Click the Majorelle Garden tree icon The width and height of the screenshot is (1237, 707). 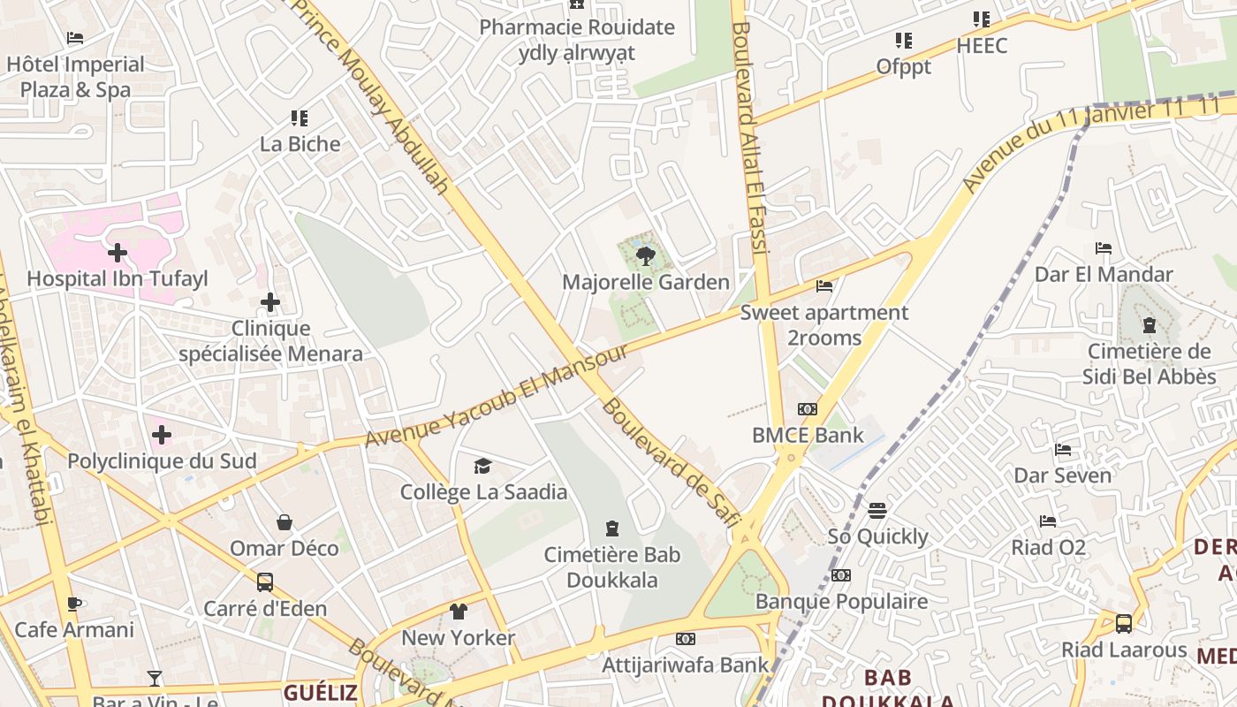(x=646, y=256)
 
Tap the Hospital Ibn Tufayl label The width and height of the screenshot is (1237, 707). (x=118, y=279)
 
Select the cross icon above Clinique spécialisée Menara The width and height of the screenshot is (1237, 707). (x=270, y=303)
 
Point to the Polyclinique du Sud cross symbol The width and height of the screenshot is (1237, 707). (x=162, y=435)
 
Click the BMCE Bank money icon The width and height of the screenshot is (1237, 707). (x=808, y=409)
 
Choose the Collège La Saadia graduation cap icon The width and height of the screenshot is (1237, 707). (x=482, y=466)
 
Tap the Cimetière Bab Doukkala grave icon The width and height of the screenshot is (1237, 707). (x=612, y=528)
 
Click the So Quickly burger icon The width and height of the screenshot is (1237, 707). (x=877, y=510)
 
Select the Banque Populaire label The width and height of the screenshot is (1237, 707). (x=841, y=602)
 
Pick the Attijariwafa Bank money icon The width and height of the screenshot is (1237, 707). (x=686, y=638)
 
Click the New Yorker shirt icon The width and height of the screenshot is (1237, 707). (x=458, y=611)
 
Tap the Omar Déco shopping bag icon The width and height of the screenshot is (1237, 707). (x=285, y=522)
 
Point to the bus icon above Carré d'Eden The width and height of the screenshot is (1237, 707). (x=264, y=582)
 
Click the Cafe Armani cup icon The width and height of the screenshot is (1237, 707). (x=74, y=604)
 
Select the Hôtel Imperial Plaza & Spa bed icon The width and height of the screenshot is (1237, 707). (x=75, y=38)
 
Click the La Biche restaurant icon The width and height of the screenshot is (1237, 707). (x=300, y=118)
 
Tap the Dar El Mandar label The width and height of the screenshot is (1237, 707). (x=1104, y=274)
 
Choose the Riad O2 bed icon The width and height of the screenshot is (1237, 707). (x=1048, y=521)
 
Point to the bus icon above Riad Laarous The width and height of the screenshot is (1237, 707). (x=1124, y=623)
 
